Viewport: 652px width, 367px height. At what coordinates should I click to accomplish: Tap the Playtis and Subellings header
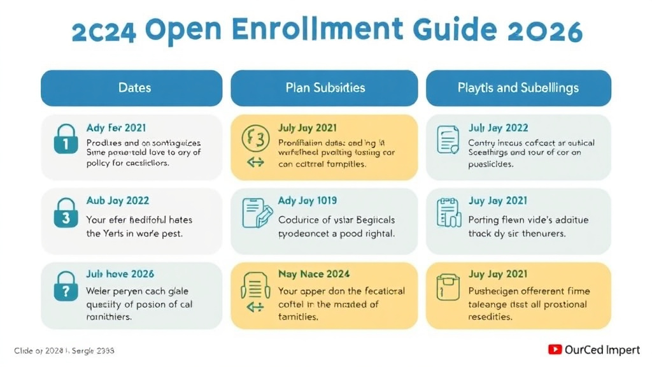pos(518,87)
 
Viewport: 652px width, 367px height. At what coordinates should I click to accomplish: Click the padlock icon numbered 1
pos(65,140)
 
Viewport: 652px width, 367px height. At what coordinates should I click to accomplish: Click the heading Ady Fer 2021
pos(116,128)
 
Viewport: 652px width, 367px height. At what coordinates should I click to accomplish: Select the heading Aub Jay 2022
pos(118,201)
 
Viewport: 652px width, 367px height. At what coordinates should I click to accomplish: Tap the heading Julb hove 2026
pos(120,274)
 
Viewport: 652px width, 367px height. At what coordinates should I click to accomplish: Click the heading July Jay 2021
pos(308,128)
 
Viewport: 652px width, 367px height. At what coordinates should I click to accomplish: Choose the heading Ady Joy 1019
pos(308,201)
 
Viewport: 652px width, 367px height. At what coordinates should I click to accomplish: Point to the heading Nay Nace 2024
pos(314,274)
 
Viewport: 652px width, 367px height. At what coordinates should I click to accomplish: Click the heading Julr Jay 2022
pos(498,128)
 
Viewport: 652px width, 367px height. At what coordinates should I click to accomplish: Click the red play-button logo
pos(554,349)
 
